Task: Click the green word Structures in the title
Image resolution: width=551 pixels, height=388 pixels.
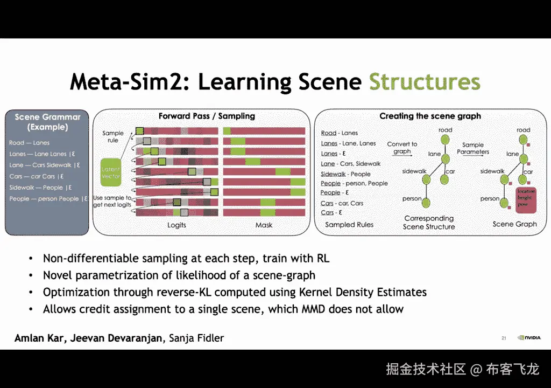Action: click(x=424, y=82)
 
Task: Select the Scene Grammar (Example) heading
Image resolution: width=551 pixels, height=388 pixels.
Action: click(x=47, y=122)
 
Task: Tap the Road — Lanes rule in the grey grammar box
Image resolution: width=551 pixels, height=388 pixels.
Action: click(x=29, y=143)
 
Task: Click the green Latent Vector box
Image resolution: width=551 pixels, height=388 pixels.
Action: click(x=110, y=172)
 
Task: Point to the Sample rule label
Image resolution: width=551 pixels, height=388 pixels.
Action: click(x=113, y=137)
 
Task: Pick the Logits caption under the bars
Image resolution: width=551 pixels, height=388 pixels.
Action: click(x=176, y=225)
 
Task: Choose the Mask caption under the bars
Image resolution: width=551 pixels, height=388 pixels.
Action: click(x=264, y=225)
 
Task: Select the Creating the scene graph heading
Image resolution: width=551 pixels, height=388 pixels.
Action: click(x=430, y=116)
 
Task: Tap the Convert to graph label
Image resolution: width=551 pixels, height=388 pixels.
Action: click(x=402, y=148)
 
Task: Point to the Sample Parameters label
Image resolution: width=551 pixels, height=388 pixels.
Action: click(x=473, y=148)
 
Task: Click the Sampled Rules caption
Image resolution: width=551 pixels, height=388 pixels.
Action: click(x=349, y=225)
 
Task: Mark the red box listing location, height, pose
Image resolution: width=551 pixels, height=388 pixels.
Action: click(x=526, y=198)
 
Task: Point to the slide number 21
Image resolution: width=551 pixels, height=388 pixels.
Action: click(x=504, y=338)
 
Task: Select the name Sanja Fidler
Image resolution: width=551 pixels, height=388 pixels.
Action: click(x=196, y=338)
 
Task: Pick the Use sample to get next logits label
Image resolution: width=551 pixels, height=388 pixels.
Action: click(x=112, y=201)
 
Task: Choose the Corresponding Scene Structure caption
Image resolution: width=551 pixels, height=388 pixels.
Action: click(x=429, y=223)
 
